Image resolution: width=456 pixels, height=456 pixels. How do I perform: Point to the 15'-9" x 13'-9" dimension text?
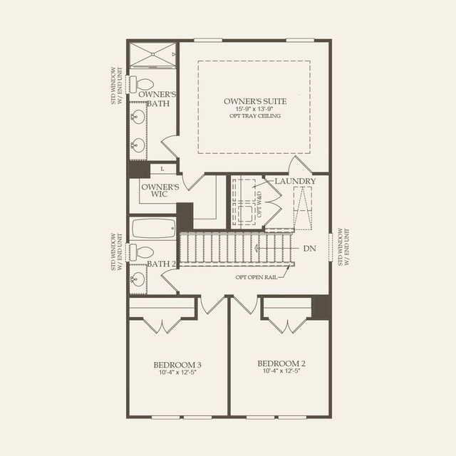pos(254,108)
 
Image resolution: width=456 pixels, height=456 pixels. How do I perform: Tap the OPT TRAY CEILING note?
pos(254,116)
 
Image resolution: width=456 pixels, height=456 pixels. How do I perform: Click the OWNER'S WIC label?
pos(159,191)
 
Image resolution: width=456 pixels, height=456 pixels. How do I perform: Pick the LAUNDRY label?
pos(295,182)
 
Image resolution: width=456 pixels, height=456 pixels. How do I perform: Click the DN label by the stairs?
pos(309,249)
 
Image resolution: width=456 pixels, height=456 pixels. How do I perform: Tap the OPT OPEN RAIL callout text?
pos(256,277)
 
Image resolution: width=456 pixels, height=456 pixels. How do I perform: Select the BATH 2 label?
pos(161,264)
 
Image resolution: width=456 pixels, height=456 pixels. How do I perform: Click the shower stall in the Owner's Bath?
pos(151,54)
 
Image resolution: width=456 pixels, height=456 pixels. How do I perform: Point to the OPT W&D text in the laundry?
pos(261,207)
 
